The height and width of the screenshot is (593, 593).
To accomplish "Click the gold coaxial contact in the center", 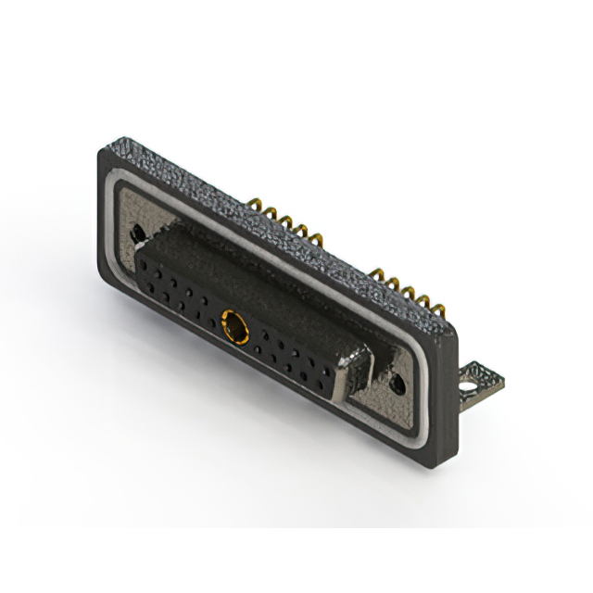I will coord(233,325).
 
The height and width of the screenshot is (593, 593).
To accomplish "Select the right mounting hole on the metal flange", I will coord(397,380).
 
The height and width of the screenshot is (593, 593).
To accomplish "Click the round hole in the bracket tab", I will coord(478,374).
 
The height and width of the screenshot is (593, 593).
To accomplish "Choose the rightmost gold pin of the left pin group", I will coord(317,240).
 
